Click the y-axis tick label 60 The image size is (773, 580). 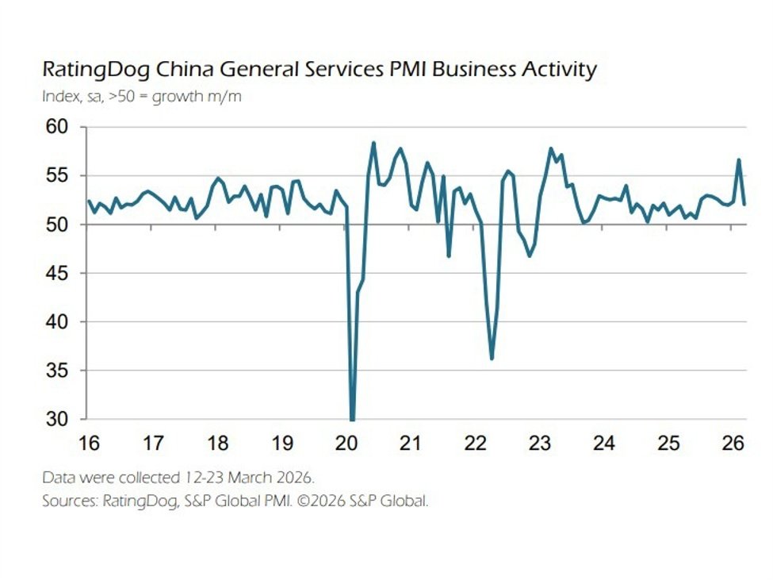[58, 127]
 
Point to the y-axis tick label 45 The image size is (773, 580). [58, 274]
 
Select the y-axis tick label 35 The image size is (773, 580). [58, 371]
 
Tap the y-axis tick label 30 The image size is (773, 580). [58, 420]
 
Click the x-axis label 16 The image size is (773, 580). [88, 443]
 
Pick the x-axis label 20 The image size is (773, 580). [346, 443]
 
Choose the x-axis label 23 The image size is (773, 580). [540, 443]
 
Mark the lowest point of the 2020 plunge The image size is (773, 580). [352, 419]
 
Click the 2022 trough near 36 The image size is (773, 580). [492, 359]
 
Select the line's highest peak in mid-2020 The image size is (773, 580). [373, 144]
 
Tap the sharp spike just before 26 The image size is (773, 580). [739, 160]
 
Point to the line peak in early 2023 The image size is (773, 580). [551, 148]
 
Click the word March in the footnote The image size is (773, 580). [235, 478]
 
